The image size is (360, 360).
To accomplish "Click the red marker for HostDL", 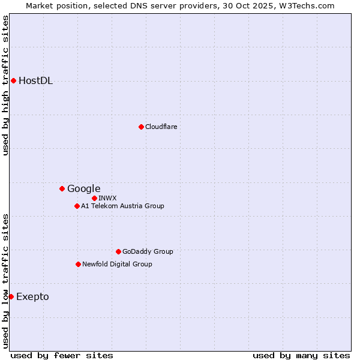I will click(x=13, y=80).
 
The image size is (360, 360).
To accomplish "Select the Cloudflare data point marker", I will click(x=141, y=127).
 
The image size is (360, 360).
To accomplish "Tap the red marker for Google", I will click(x=62, y=188).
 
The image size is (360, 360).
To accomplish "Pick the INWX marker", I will click(x=94, y=198).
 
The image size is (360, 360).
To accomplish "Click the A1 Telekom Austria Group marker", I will click(x=77, y=206).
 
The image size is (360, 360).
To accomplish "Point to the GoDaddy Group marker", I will click(x=118, y=251).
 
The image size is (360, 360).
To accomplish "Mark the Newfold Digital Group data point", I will click(x=78, y=264).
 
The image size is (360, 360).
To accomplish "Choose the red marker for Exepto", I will click(x=11, y=296).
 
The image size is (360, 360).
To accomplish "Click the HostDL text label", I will click(x=36, y=81).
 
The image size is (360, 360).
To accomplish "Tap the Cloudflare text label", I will click(x=161, y=127).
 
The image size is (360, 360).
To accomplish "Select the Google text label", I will click(x=84, y=189).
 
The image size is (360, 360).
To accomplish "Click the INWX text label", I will click(x=108, y=198).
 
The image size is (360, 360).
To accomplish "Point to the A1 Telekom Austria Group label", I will click(x=122, y=206).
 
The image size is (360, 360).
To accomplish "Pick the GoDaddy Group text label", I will click(x=148, y=251).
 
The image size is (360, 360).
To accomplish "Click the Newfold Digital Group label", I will click(x=117, y=264).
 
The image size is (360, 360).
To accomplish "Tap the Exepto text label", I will click(x=32, y=297).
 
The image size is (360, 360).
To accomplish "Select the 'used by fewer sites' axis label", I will click(x=62, y=355).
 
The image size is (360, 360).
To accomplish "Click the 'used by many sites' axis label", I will click(x=301, y=355).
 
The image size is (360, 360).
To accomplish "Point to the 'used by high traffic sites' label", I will click(x=5, y=85).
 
